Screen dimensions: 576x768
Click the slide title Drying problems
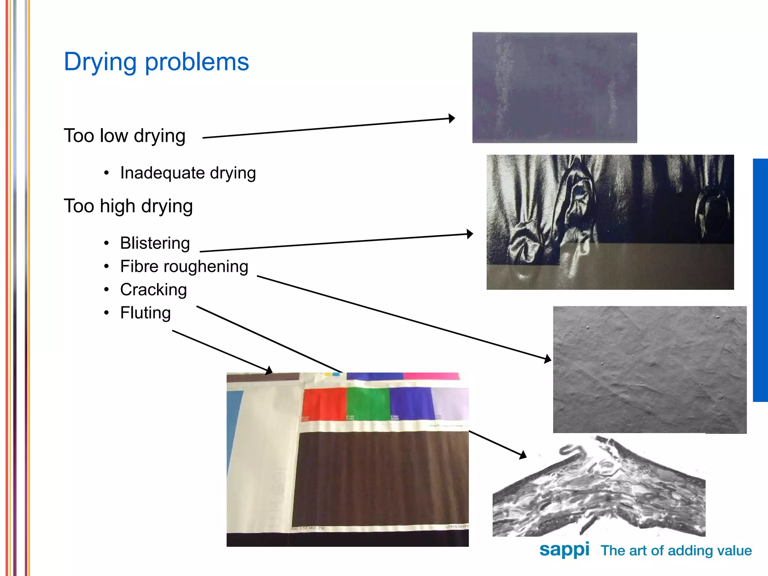156,62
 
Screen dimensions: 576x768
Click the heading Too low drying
124,136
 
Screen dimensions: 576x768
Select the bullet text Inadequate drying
188,173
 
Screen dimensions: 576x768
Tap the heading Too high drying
128,206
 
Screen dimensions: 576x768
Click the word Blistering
155,243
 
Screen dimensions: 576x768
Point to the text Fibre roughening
184,266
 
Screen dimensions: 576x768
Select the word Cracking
153,289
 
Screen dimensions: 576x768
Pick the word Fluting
145,313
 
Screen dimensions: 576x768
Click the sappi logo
564,550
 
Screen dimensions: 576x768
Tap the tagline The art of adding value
676,550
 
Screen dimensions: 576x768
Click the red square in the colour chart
324,404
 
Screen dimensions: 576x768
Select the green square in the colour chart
368,404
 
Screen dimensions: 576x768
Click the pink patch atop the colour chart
431,376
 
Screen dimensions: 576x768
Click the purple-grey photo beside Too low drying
554,87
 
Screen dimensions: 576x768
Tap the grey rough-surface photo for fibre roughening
649,369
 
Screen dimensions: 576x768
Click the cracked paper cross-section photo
599,487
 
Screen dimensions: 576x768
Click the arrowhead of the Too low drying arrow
452,118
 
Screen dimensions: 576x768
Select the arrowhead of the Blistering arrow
470,234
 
